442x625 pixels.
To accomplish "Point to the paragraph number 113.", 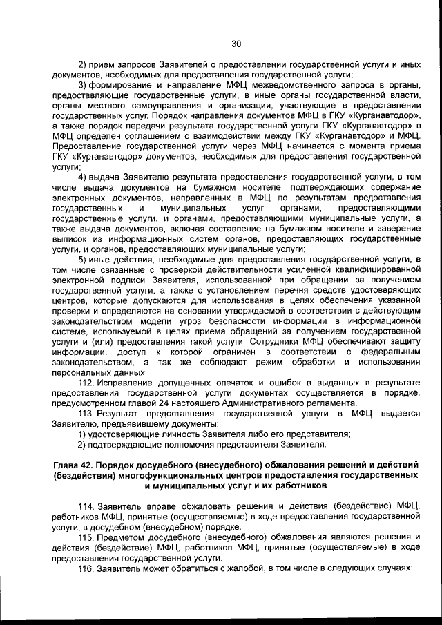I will pos(86,413).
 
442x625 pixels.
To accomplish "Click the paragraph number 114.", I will pos(86,506).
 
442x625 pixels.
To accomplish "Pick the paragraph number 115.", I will pos(86,537).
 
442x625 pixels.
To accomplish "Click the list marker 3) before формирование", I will pos(82,85).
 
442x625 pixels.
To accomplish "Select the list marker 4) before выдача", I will pos(82,178).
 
